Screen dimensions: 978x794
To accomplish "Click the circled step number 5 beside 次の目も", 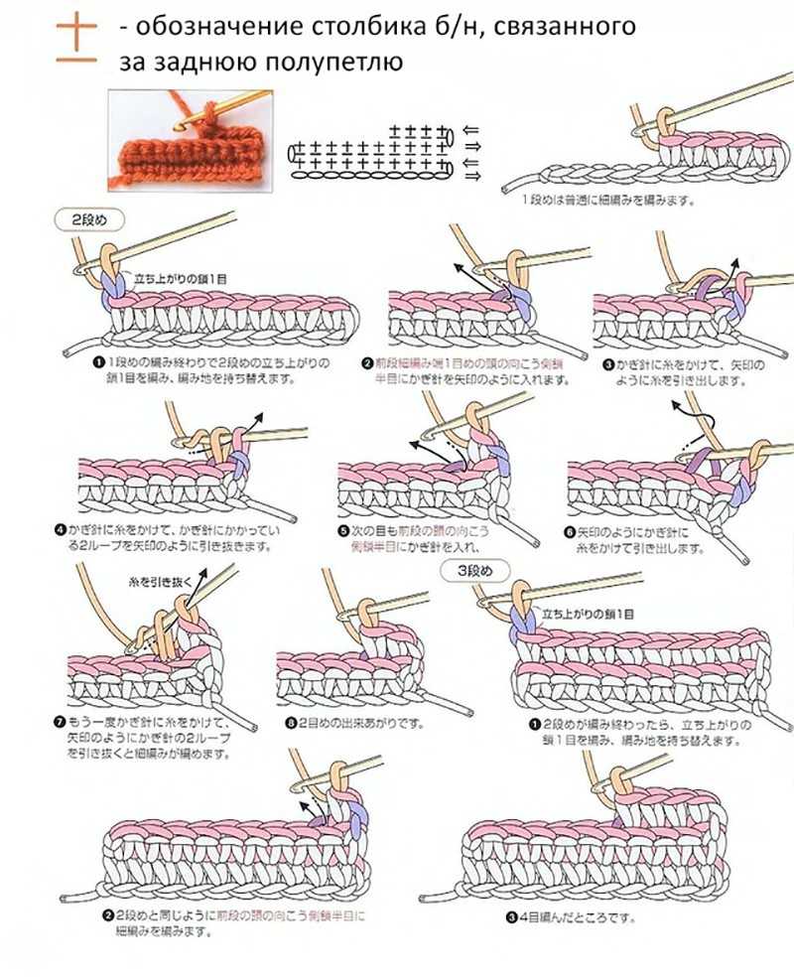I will point(344,532).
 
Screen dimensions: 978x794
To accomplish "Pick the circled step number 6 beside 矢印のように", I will point(570,532).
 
